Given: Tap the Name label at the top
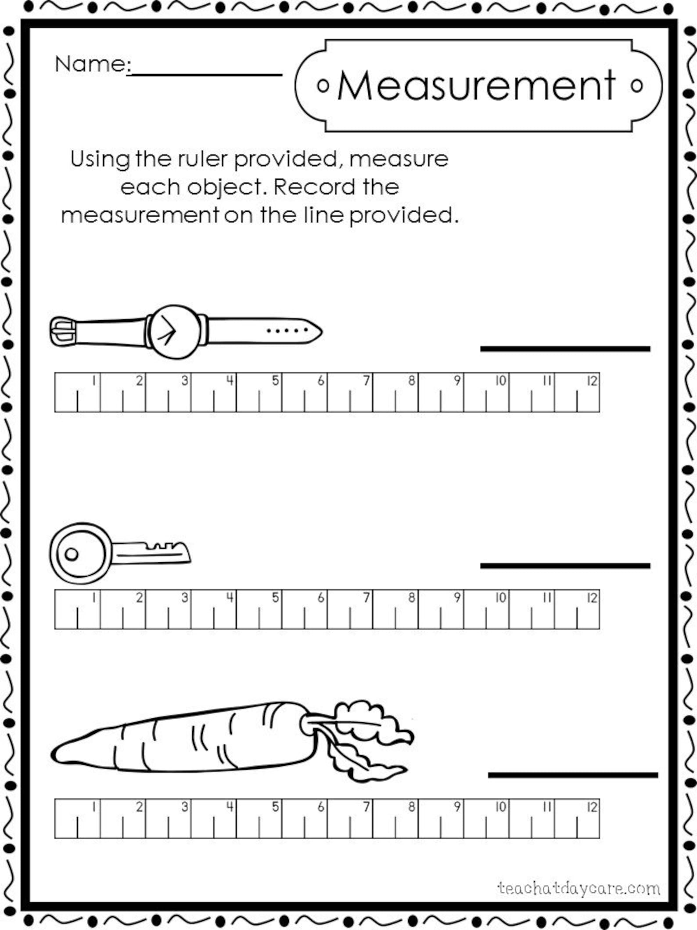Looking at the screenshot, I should [x=90, y=64].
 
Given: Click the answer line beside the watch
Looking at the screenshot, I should [x=565, y=349].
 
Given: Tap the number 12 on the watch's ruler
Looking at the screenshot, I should [x=592, y=381].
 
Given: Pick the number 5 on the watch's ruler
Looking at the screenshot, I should [x=275, y=380].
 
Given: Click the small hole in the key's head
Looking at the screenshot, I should [x=72, y=554].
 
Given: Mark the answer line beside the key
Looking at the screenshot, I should [x=565, y=566].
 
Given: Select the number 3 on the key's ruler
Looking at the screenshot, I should [x=185, y=597].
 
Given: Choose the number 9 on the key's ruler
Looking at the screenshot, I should [x=457, y=597].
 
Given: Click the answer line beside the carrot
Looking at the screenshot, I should [x=573, y=775].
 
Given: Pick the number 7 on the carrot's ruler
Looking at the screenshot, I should [x=366, y=807].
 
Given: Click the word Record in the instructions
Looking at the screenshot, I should [x=314, y=187].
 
